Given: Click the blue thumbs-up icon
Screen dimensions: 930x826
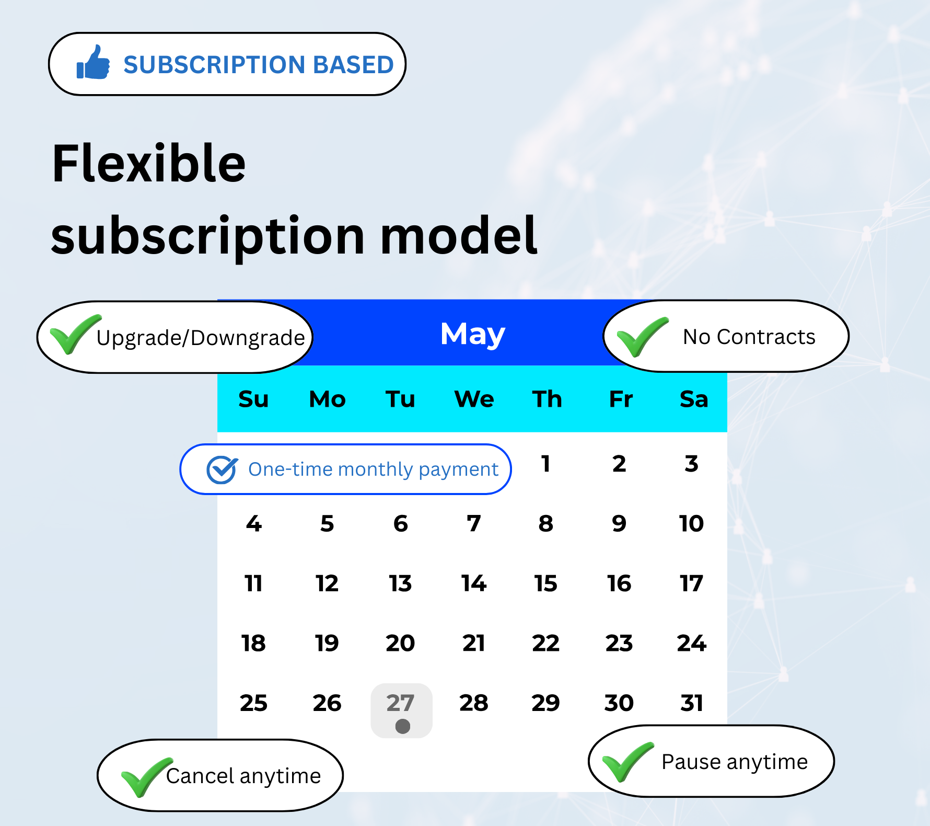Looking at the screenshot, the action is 93,62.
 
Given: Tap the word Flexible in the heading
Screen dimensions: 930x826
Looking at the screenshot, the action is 149,164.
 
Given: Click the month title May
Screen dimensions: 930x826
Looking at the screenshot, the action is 473,335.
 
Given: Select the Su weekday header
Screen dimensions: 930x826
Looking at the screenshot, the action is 253,399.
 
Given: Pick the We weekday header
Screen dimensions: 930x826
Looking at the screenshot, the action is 474,399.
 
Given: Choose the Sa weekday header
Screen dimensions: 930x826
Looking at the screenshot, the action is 694,399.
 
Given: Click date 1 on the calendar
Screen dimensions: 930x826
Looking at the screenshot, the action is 545,464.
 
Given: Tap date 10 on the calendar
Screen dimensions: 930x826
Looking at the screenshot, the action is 691,524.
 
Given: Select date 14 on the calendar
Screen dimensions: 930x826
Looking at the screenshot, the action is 473,583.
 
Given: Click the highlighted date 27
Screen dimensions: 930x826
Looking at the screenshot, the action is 400,703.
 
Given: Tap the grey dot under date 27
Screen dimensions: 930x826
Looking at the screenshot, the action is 403,726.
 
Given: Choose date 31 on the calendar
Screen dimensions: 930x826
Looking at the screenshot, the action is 691,703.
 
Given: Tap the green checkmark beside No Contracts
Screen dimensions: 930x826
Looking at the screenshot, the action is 642,337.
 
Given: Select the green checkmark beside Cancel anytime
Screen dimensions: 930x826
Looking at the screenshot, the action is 147,777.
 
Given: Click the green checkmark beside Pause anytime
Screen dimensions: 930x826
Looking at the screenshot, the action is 627,762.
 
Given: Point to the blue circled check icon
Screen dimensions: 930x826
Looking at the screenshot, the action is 222,469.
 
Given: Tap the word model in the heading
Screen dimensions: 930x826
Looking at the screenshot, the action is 459,236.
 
